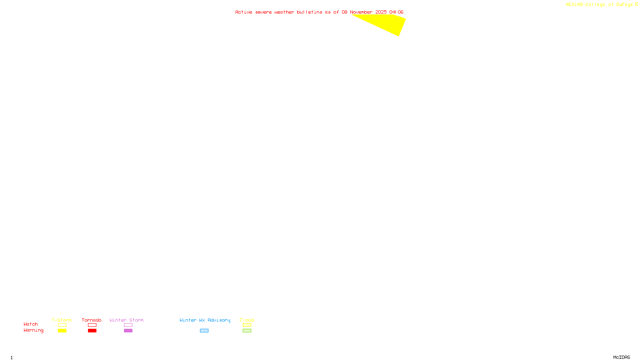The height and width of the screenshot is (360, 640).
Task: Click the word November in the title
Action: (361, 12)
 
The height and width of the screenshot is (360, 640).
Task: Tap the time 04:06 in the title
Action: (396, 12)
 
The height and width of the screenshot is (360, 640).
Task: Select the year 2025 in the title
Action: (381, 12)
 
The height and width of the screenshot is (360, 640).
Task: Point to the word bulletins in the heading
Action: (309, 12)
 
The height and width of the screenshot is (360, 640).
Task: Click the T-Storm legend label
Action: (62, 320)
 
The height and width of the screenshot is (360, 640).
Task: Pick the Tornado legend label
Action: (92, 320)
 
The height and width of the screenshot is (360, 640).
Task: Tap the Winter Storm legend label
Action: (126, 320)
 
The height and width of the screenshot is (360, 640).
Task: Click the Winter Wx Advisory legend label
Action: (205, 320)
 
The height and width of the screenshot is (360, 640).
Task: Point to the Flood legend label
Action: (247, 320)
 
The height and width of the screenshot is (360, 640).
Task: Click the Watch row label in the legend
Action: (31, 324)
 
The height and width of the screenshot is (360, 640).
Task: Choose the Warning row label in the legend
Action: (33, 330)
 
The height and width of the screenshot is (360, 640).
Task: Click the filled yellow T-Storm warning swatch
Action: (62, 331)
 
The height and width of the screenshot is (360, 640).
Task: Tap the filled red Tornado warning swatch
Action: (92, 331)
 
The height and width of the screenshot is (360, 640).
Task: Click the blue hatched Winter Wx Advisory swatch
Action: (204, 331)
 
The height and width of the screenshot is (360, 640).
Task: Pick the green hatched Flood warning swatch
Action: (247, 331)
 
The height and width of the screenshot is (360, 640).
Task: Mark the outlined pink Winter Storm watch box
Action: (128, 325)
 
